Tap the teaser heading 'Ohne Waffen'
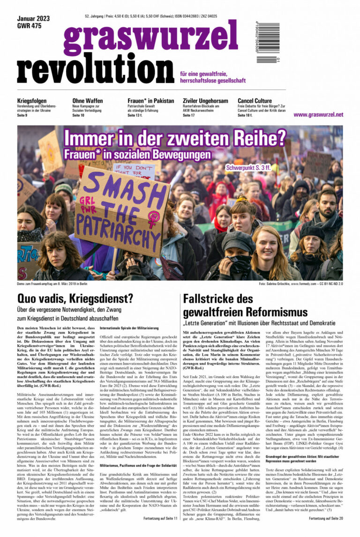coord(88,101)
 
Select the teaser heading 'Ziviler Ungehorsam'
coord(205,101)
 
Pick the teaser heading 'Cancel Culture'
coord(255,101)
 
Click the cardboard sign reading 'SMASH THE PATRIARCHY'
coord(118,206)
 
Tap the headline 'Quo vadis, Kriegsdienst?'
coord(75,298)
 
